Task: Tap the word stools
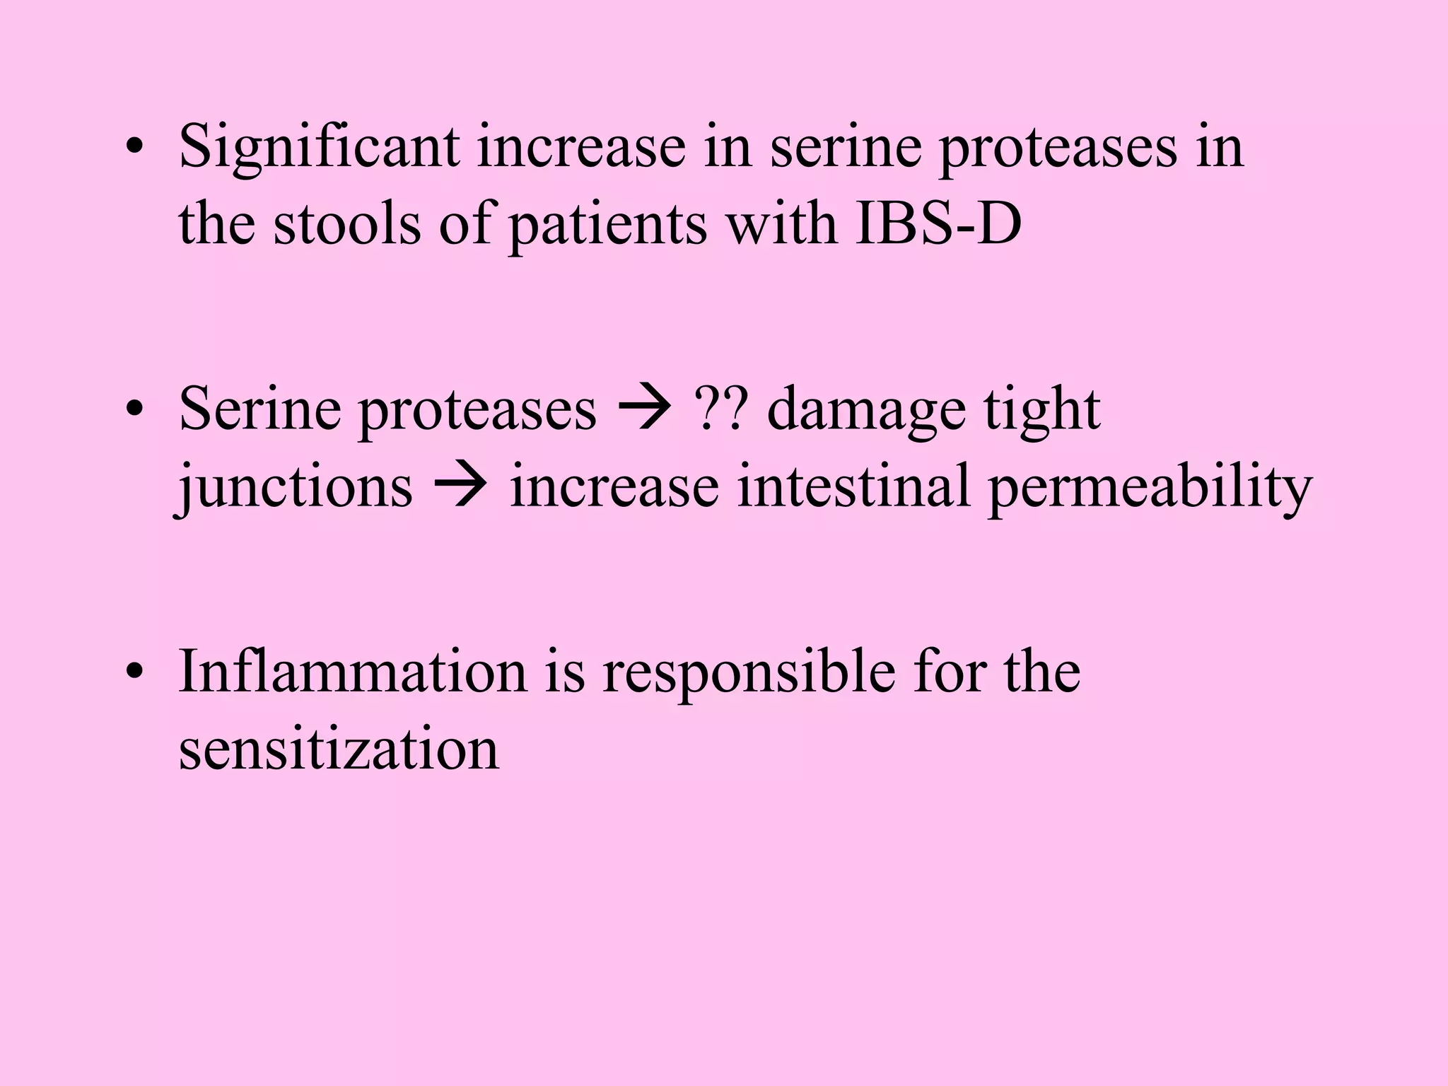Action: pyautogui.click(x=346, y=224)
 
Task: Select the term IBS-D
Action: pyautogui.click(x=938, y=224)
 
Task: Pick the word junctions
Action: pyautogui.click(x=294, y=488)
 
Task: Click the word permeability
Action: pyautogui.click(x=1150, y=488)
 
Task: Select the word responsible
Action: pyautogui.click(x=749, y=672)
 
